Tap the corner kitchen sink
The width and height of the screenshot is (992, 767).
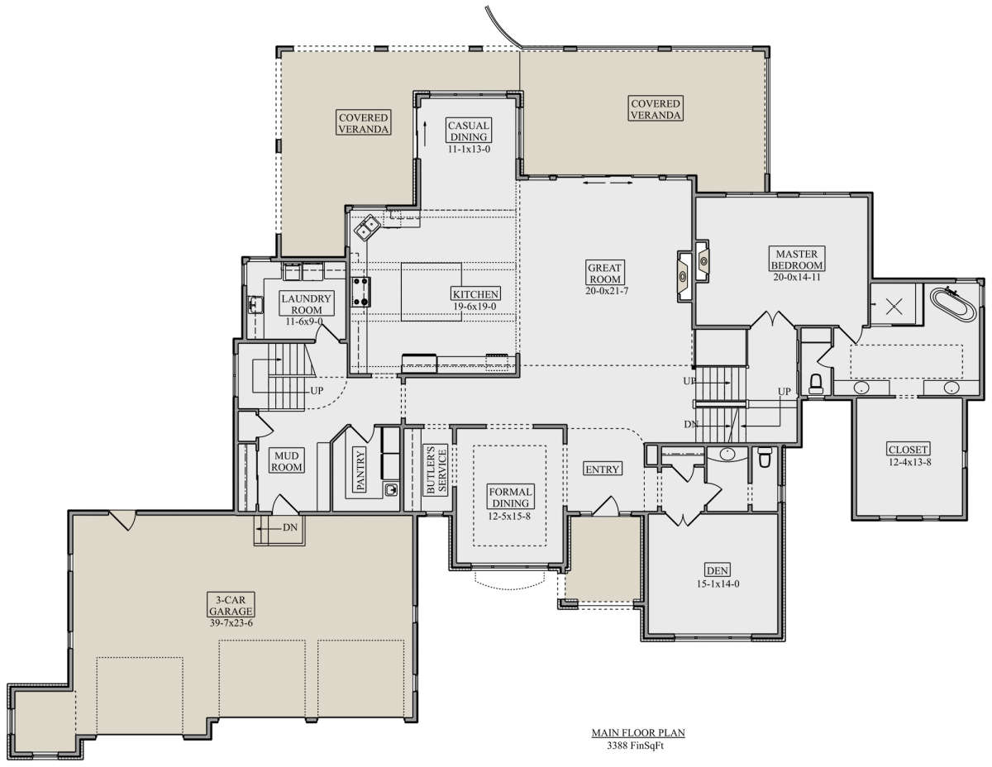coord(366,226)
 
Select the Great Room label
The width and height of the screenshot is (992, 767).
coord(604,273)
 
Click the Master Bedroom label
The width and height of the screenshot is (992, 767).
coord(797,260)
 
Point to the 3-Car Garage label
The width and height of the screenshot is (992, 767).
coord(231,605)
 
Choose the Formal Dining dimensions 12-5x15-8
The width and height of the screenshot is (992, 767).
coord(509,516)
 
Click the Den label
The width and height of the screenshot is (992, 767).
coord(718,570)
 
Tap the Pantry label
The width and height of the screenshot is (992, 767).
coord(360,470)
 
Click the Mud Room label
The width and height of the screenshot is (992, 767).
coord(286,461)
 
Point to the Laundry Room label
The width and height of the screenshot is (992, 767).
coord(306,304)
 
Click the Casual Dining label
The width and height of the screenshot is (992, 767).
coord(469,131)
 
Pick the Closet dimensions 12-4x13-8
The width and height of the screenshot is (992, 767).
coord(909,462)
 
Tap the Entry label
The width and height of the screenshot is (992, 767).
coord(602,469)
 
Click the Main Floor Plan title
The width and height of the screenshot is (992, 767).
coord(637,733)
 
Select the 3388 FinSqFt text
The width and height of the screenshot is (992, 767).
coord(635,746)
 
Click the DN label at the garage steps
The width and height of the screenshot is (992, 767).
coord(290,527)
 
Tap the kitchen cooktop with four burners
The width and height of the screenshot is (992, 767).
coord(360,292)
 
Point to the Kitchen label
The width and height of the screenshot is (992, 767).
coord(475,294)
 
